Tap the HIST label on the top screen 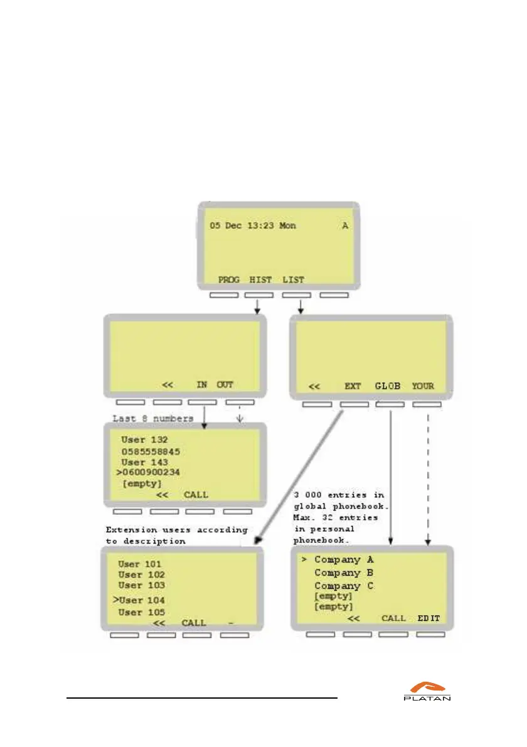[261, 279]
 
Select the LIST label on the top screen [293, 279]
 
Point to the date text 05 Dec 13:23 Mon [253, 226]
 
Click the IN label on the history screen [202, 385]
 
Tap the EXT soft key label [353, 386]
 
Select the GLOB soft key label [388, 386]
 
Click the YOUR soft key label [423, 386]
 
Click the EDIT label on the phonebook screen [429, 618]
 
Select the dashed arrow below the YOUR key [428, 477]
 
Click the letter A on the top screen [344, 226]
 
